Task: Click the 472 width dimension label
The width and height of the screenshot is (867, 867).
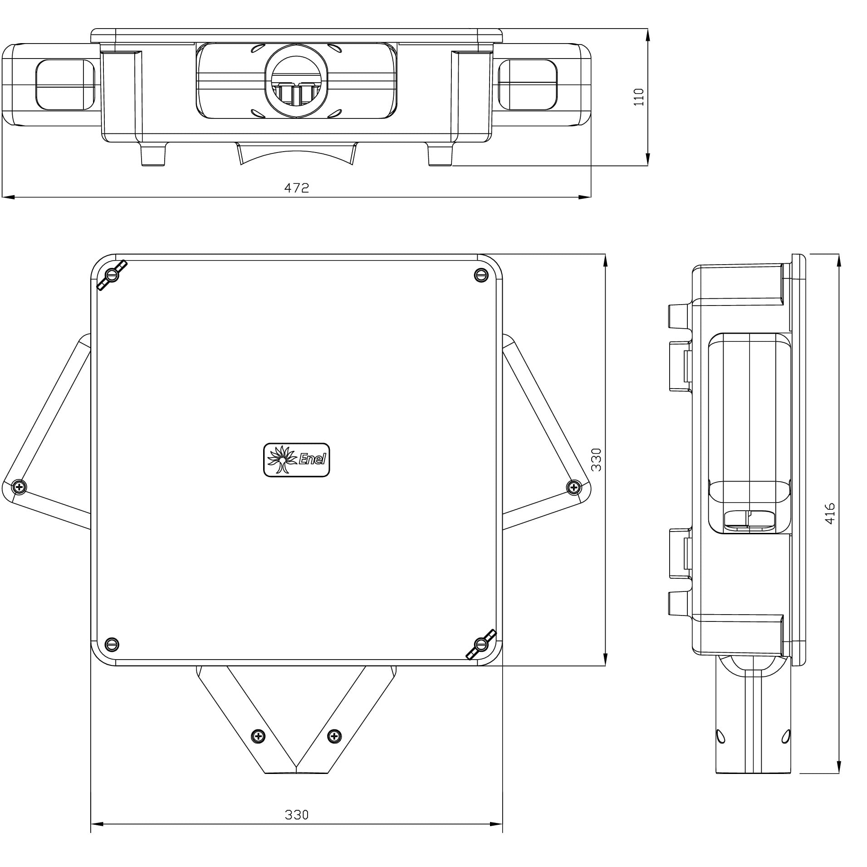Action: (296, 188)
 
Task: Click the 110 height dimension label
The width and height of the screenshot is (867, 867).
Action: (638, 97)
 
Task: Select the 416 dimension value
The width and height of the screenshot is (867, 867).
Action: (829, 513)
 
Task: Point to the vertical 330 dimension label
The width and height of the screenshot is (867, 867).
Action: (596, 459)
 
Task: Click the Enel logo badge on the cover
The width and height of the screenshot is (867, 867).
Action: (296, 460)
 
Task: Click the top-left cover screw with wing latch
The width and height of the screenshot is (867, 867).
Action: (112, 275)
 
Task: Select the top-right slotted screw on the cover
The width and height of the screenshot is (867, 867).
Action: (481, 275)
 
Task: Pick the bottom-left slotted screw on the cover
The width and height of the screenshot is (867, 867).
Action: (112, 644)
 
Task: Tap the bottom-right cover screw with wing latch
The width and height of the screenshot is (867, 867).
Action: (481, 644)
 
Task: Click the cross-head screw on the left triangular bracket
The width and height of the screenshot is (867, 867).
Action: (19, 488)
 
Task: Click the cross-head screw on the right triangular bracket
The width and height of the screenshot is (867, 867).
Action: (574, 488)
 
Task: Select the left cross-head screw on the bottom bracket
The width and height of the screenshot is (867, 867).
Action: (258, 736)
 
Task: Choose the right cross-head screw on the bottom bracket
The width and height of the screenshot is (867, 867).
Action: (334, 736)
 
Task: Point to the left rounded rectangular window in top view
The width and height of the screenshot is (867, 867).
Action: (65, 85)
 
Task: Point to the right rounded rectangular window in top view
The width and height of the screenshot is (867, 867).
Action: (528, 85)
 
